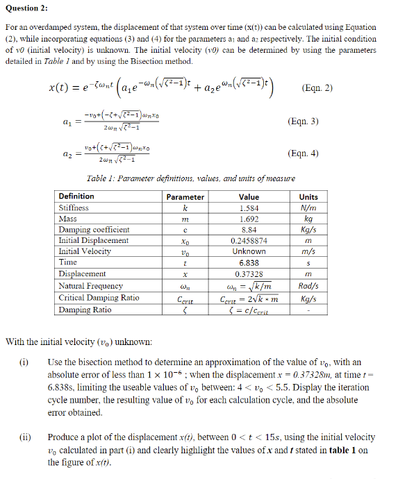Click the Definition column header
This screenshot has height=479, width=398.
click(76, 196)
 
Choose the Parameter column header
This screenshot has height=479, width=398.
click(185, 196)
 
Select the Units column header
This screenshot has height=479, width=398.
click(308, 196)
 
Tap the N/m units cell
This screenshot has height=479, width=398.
click(308, 208)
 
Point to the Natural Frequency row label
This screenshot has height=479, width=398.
click(91, 286)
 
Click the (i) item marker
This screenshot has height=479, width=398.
click(24, 362)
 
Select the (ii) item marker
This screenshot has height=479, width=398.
click(24, 437)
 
